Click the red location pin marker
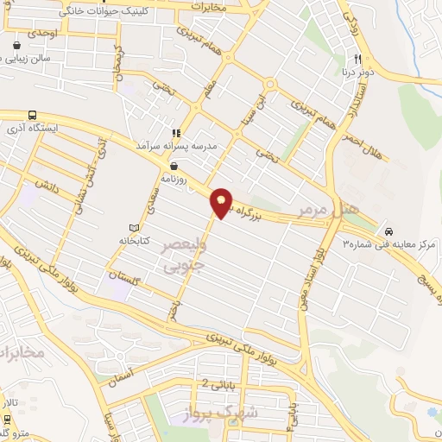coord(222,203)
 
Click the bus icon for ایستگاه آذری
coord(33,115)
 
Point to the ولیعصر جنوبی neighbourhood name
coord(182,256)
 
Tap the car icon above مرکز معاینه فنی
coord(390,231)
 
